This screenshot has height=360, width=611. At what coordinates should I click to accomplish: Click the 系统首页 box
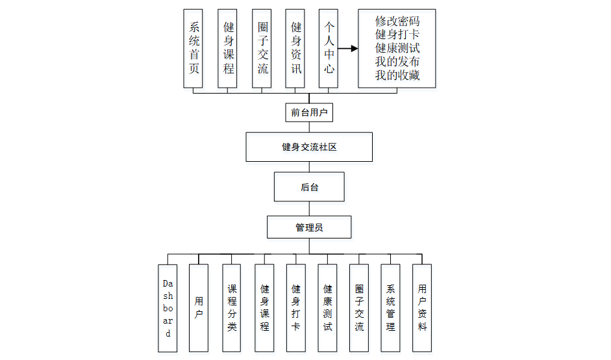click(193, 48)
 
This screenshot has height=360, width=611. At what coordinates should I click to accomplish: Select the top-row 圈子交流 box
click(262, 48)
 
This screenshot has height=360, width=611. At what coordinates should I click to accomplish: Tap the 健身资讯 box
click(295, 48)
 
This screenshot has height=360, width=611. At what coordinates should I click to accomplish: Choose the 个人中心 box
click(329, 48)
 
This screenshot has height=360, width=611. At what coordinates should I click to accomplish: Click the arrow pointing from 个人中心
click(349, 48)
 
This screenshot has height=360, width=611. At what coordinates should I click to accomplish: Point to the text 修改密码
click(397, 21)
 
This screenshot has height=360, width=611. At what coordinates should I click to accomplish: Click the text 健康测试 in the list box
click(397, 48)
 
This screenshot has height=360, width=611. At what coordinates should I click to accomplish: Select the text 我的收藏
click(397, 75)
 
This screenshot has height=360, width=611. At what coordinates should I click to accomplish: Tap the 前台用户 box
click(309, 112)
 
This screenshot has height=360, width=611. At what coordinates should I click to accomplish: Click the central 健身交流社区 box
click(309, 147)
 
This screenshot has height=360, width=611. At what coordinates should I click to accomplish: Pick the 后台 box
click(309, 186)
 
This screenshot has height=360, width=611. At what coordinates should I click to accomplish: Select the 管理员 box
click(309, 227)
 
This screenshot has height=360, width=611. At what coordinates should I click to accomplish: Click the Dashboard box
click(168, 308)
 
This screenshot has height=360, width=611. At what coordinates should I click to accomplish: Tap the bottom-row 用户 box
click(199, 308)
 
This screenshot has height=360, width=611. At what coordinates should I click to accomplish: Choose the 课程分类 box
click(232, 308)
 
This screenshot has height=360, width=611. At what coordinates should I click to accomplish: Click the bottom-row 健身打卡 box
click(295, 308)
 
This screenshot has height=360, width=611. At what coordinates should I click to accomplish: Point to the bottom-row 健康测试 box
click(327, 308)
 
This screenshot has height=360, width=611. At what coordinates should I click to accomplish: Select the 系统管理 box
click(390, 308)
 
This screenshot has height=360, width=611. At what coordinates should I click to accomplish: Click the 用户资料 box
click(422, 308)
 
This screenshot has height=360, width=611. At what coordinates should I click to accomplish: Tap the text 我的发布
click(397, 62)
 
